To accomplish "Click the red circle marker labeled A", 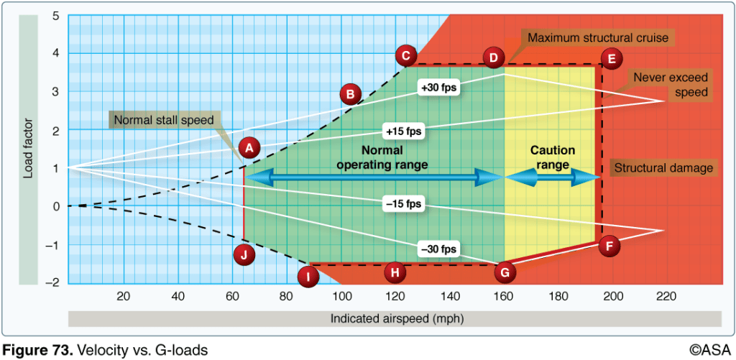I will pos(249,148).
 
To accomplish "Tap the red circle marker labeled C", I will pos(406,55).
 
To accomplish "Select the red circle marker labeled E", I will pos(612,59).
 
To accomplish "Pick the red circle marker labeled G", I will pos(505,272).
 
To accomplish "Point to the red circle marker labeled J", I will pos(244,254).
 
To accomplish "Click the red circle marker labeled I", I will pos(308,276).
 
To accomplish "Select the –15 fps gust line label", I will pos(404,205).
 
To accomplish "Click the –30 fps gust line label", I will pos(440,249).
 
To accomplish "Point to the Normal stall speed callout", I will pos(162,120).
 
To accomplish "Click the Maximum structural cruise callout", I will pos(599,37).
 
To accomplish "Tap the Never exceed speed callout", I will pos(670,84).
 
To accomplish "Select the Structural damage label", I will pos(665,168).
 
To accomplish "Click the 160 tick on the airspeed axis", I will pos(504,296).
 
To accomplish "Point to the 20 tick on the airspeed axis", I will pos(123,296).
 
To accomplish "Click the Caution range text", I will pos(552,157).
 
